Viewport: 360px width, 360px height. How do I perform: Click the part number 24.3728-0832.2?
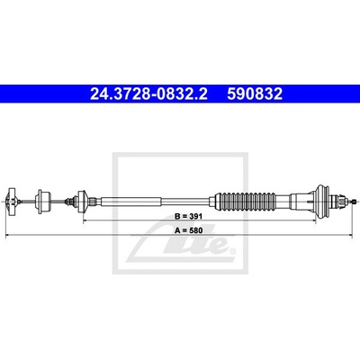(148, 94)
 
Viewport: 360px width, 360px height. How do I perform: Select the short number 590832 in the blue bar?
(255, 94)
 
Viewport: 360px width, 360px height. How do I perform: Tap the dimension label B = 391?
(189, 216)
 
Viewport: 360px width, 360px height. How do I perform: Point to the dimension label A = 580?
(189, 230)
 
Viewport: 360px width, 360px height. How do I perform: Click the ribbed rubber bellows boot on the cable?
(250, 201)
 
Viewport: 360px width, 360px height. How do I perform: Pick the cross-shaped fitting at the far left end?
(12, 202)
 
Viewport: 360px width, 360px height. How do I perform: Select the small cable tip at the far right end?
(355, 202)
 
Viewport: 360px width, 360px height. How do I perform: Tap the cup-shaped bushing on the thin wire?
(43, 202)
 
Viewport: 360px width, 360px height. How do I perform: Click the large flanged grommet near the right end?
(322, 201)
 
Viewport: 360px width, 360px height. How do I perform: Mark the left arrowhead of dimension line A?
(6, 236)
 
